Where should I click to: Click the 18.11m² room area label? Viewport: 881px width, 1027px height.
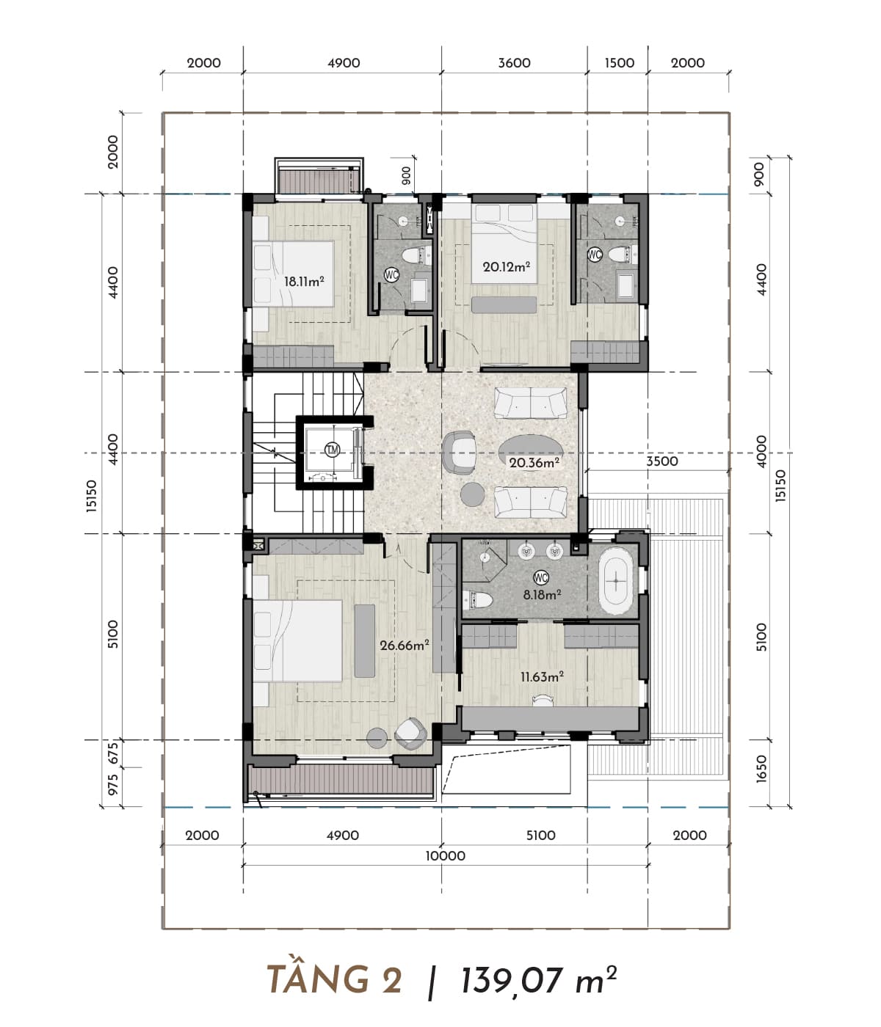(x=304, y=281)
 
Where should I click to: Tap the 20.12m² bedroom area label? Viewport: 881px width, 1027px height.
(x=506, y=266)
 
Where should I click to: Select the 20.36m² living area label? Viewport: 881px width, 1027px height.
(x=534, y=462)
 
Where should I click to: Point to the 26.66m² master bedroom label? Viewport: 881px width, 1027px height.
(x=405, y=645)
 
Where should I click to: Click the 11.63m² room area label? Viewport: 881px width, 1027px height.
(x=542, y=676)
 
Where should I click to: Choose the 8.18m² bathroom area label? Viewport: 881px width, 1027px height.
(x=543, y=594)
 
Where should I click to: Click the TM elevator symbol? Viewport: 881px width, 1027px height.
(x=332, y=450)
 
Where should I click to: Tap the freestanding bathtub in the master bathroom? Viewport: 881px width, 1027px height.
(x=615, y=580)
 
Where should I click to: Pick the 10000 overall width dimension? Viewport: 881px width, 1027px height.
(x=446, y=855)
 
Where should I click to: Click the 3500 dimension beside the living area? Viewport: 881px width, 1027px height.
(x=661, y=461)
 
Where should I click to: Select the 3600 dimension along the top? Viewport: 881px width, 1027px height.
(x=514, y=63)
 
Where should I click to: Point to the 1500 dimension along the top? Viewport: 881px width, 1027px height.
(x=620, y=63)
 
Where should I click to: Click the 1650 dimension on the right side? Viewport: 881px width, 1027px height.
(x=761, y=769)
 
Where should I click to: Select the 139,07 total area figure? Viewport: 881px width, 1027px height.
(x=512, y=981)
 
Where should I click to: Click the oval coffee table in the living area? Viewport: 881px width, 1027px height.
(x=531, y=448)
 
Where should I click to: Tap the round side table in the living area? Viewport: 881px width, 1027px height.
(x=472, y=494)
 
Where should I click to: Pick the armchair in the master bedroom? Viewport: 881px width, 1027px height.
(x=410, y=734)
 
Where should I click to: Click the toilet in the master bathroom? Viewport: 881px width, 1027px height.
(x=478, y=600)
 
